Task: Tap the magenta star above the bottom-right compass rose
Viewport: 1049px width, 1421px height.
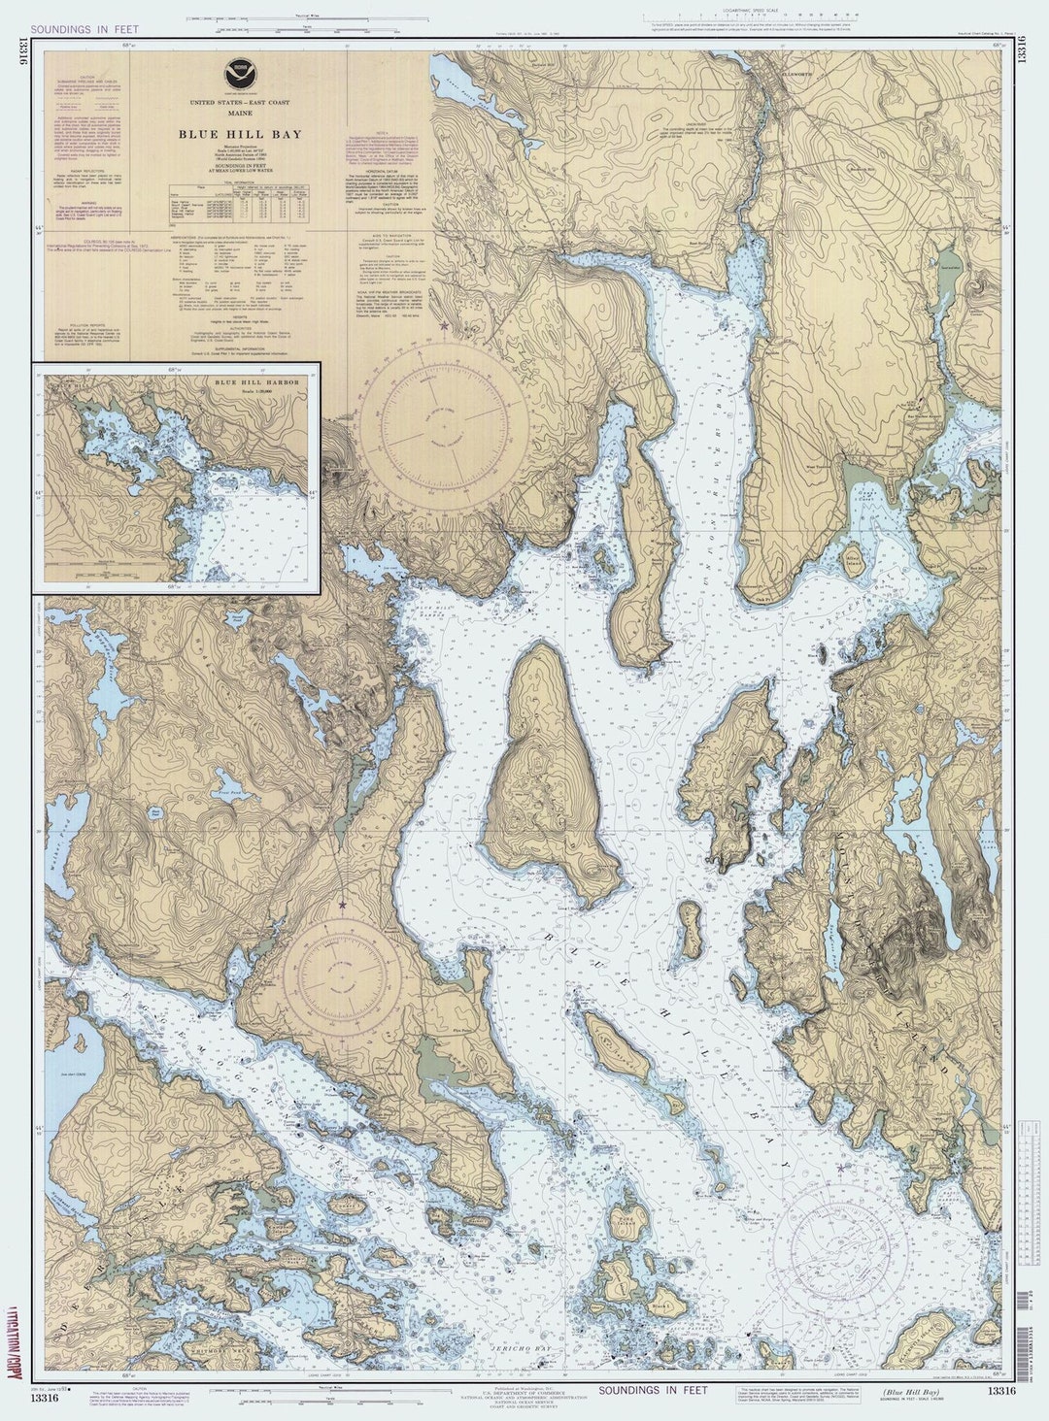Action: (x=840, y=1168)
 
